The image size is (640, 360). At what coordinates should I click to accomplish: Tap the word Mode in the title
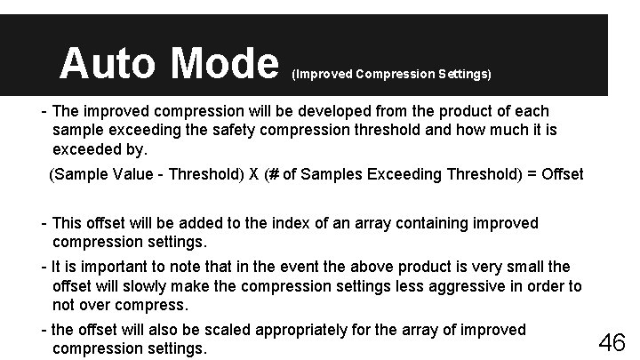(224, 64)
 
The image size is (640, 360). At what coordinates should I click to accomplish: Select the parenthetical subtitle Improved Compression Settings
(391, 75)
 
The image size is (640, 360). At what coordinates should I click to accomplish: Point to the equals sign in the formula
(531, 173)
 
